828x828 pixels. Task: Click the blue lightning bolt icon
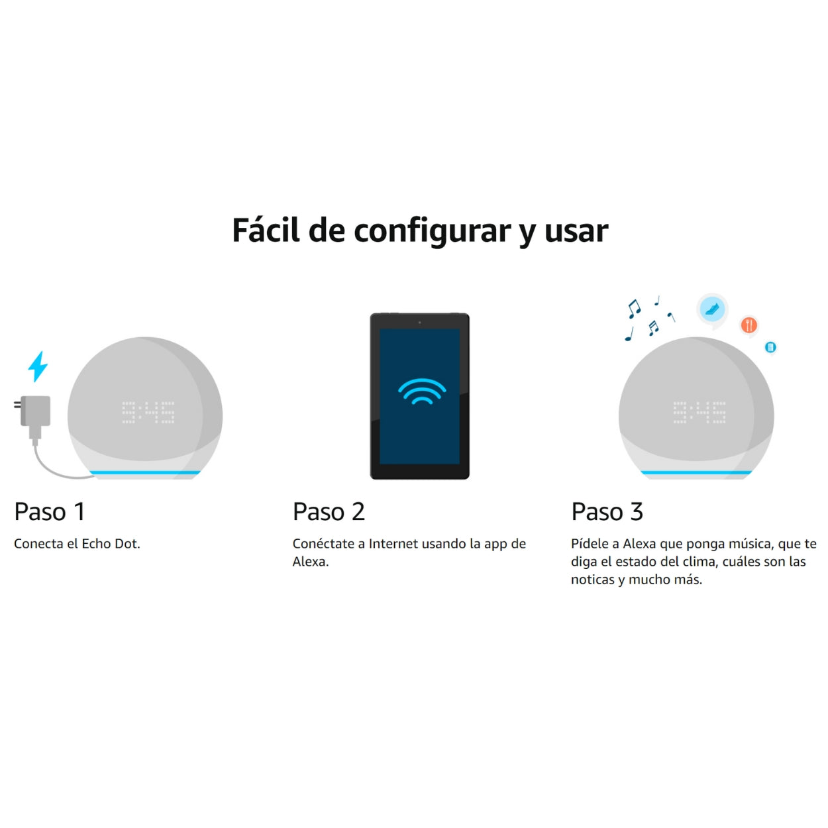coord(38,366)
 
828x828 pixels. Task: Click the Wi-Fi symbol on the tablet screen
coord(421,391)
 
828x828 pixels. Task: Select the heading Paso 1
coord(50,512)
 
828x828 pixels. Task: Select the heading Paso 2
coord(329,512)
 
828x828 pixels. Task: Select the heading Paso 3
coord(607,512)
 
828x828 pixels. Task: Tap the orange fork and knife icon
coord(749,325)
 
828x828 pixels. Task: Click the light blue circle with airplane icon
coord(712,309)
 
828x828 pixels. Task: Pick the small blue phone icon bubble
coord(770,347)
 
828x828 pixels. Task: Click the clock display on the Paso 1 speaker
coord(148,412)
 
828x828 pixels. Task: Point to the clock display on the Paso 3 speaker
coord(699,412)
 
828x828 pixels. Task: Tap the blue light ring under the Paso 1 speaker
coord(145,472)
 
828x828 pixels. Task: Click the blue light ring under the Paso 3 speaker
coord(696,472)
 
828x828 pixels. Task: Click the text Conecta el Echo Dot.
coord(77,544)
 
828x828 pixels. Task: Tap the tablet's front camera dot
coord(419,323)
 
